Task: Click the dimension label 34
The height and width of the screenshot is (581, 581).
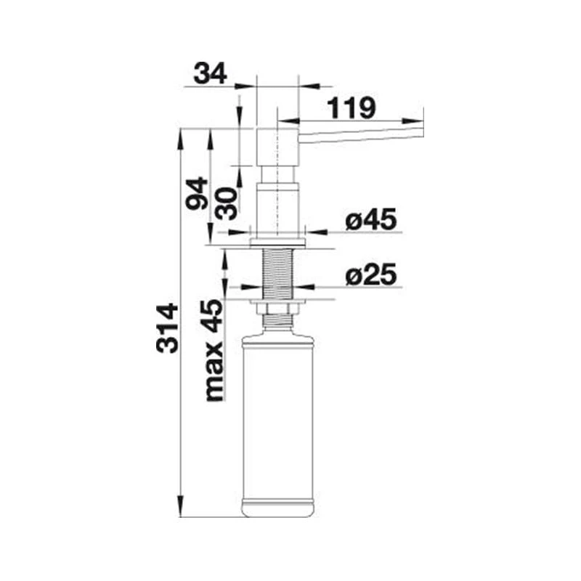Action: click(x=210, y=73)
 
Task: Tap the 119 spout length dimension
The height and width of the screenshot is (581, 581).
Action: click(x=352, y=108)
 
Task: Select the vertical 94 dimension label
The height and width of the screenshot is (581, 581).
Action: click(x=197, y=193)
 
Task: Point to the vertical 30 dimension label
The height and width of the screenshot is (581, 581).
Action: click(x=227, y=204)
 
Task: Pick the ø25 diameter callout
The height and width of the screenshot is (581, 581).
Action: click(x=370, y=275)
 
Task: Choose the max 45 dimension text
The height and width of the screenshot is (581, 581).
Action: click(x=214, y=350)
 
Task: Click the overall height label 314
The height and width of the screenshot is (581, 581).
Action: click(x=167, y=328)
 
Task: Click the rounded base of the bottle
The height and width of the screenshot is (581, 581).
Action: click(x=278, y=508)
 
